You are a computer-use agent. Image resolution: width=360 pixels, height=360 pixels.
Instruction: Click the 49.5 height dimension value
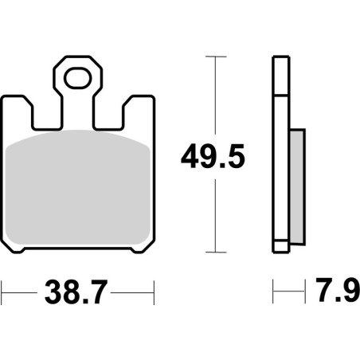(x=213, y=156)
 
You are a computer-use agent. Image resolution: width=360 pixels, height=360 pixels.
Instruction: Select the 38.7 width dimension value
(x=76, y=292)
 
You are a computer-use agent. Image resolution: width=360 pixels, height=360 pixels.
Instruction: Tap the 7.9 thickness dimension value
(x=338, y=290)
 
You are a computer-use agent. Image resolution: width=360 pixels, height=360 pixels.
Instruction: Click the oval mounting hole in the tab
(x=78, y=78)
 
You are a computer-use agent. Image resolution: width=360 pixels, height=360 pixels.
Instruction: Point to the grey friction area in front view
(x=78, y=187)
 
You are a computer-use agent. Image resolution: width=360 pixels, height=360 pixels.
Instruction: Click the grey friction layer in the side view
(x=297, y=186)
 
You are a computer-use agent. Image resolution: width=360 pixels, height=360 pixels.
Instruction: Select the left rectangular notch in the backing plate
(x=46, y=116)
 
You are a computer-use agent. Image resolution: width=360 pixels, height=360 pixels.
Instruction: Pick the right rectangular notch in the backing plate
(x=109, y=116)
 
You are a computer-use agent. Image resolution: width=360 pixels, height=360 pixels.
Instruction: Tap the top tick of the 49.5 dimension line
(x=216, y=57)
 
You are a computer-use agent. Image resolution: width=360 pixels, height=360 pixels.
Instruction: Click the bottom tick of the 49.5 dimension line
(x=216, y=252)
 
